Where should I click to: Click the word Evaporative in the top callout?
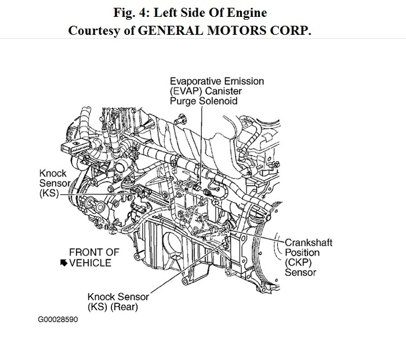(x=194, y=81)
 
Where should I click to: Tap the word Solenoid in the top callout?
(x=220, y=101)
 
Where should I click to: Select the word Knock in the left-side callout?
(x=52, y=173)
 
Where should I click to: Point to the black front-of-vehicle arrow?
(x=63, y=263)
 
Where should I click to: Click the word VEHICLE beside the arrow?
(x=90, y=263)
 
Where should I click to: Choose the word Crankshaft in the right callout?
(x=307, y=242)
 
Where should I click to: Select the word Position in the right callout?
(x=301, y=253)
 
